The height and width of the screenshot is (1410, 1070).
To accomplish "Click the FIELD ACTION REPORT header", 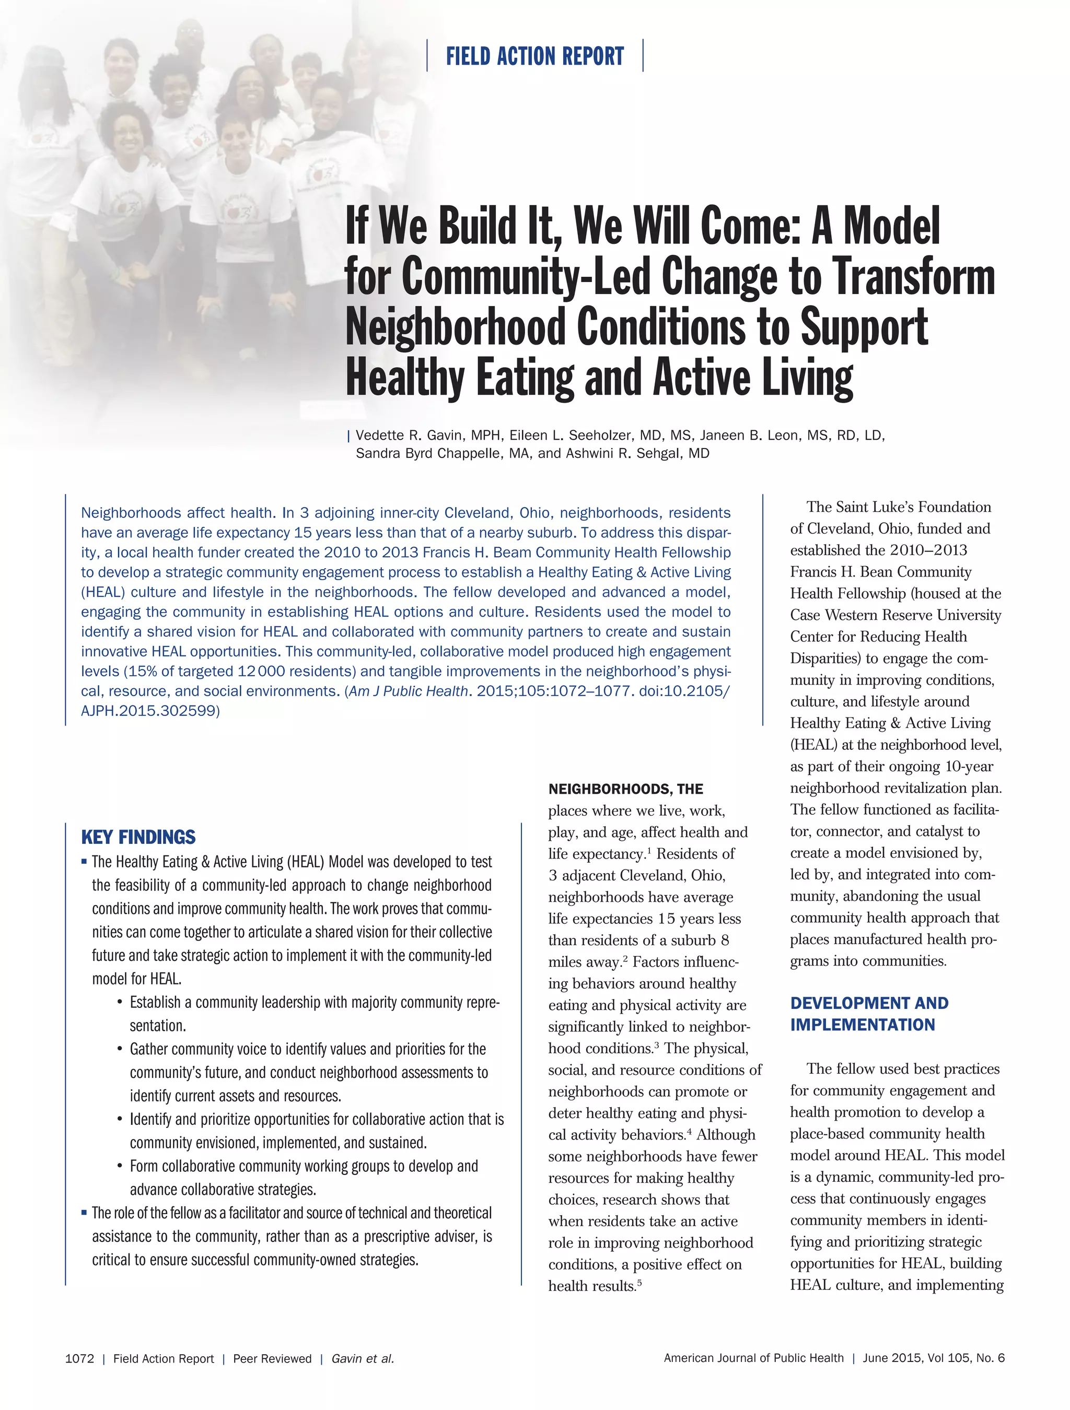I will pyautogui.click(x=534, y=56).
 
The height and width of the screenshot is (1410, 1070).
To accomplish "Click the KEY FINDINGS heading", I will pyautogui.click(x=138, y=837).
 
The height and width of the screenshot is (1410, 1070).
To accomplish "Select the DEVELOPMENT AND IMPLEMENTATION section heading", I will pyautogui.click(x=868, y=1014).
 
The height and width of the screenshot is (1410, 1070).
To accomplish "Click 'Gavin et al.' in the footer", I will pyautogui.click(x=363, y=1358).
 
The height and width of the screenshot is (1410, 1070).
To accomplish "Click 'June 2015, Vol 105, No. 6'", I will pyautogui.click(x=933, y=1358).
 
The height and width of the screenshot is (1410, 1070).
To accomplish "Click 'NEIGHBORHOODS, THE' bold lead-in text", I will pyautogui.click(x=625, y=789).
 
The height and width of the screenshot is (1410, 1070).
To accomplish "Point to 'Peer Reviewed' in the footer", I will pyautogui.click(x=272, y=1358).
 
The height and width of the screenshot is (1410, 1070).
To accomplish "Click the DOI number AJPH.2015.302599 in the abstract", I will pyautogui.click(x=149, y=711).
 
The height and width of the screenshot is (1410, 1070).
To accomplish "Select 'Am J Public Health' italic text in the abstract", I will pyautogui.click(x=408, y=691).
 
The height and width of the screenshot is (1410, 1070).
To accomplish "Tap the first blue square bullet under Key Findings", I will pyautogui.click(x=84, y=862).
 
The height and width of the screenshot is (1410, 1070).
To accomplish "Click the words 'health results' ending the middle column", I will pyautogui.click(x=591, y=1286).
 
